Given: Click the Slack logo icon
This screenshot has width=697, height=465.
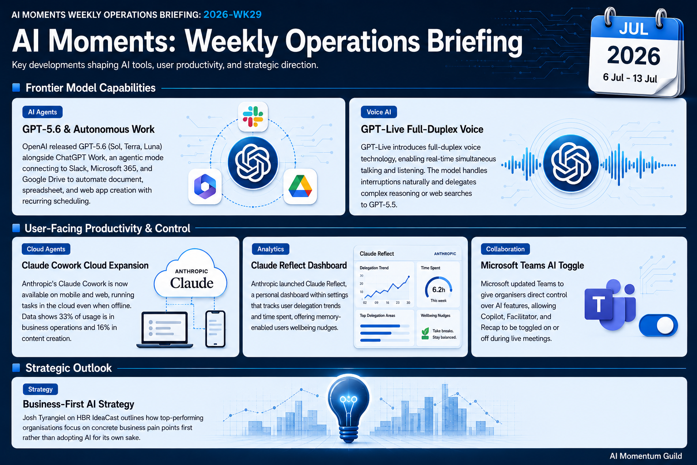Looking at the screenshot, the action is click(253, 117).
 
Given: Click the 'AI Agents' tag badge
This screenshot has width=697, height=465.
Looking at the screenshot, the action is click(42, 112).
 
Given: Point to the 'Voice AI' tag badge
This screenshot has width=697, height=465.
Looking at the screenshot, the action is click(379, 112).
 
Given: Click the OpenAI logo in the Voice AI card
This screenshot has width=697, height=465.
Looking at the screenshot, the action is click(571, 163).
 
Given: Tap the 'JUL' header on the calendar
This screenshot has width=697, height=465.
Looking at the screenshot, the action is click(634, 29).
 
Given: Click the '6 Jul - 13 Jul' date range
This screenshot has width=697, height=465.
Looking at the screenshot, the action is click(630, 78).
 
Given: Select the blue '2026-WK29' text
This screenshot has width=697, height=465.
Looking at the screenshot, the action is click(232, 15).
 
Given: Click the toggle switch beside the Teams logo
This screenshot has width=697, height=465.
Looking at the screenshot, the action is click(658, 326).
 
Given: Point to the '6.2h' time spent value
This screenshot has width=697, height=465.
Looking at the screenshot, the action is click(438, 290).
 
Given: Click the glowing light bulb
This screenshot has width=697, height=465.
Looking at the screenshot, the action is click(348, 408).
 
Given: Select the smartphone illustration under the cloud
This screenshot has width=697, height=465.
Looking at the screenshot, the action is click(216, 329).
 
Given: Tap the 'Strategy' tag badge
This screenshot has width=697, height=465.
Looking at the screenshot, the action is click(40, 389).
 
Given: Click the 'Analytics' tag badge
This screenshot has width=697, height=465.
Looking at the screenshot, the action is click(270, 249).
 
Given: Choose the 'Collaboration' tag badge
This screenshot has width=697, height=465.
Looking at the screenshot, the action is click(506, 249).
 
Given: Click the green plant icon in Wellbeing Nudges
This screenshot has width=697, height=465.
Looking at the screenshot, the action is click(425, 334).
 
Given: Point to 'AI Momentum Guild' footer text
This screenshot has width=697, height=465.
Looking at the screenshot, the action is click(646, 456).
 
